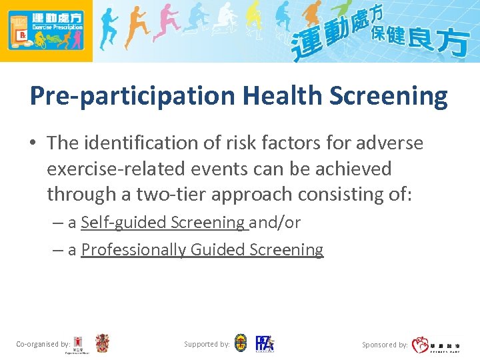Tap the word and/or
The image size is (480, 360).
275,223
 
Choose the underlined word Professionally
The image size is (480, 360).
133,249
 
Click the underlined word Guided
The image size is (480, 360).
217,249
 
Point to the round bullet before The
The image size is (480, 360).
34,143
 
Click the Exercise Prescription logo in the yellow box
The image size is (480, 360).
45,30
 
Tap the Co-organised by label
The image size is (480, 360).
43,345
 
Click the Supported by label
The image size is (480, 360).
207,345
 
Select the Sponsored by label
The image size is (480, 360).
385,345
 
